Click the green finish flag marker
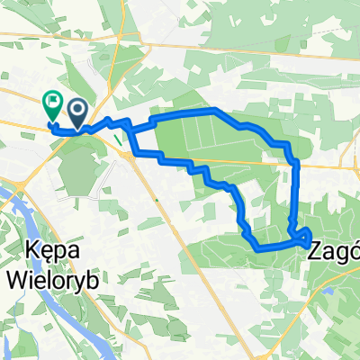point(51,107)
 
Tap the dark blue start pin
point(78,111)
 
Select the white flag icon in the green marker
point(51,103)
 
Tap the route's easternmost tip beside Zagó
point(311,238)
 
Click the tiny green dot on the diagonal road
point(156,200)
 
